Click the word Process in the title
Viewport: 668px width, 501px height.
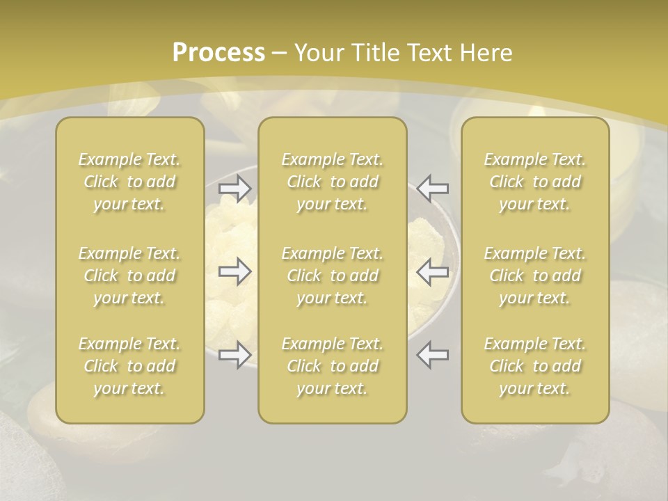coord(218,53)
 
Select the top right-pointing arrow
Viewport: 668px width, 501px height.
coord(235,188)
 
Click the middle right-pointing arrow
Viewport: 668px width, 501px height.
coord(235,271)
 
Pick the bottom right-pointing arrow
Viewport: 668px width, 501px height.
coord(235,355)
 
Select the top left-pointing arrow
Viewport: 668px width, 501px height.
coord(433,188)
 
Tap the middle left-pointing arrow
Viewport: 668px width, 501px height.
coord(433,271)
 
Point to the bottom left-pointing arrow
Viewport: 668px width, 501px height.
coord(433,355)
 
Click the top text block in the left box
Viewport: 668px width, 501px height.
coord(129,182)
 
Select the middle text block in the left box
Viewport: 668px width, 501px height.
coord(129,276)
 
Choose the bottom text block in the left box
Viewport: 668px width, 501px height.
coord(129,366)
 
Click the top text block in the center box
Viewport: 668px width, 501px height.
coord(333,182)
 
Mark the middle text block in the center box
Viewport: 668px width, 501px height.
coord(333,276)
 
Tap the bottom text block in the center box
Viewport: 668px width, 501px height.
coord(333,366)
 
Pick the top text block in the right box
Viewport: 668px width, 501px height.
coord(535,182)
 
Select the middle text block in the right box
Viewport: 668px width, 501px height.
coord(535,276)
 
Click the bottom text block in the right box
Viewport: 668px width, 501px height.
coord(535,366)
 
